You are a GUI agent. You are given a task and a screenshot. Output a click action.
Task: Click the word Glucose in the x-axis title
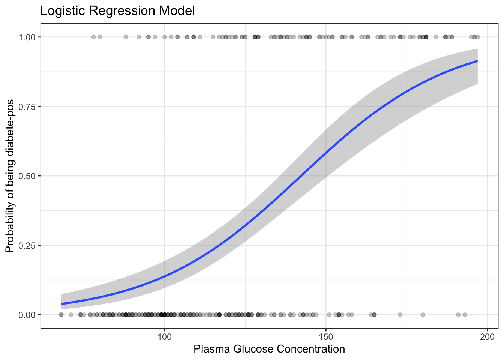[253, 349]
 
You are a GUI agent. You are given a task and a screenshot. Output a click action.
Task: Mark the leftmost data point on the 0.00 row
[61, 315]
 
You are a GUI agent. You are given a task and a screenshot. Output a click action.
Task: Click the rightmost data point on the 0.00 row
[465, 315]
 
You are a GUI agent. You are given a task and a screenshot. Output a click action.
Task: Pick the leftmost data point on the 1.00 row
[93, 37]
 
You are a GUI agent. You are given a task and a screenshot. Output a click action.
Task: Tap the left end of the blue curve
[62, 304]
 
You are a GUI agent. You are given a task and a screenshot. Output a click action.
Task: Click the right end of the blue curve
[477, 61]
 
